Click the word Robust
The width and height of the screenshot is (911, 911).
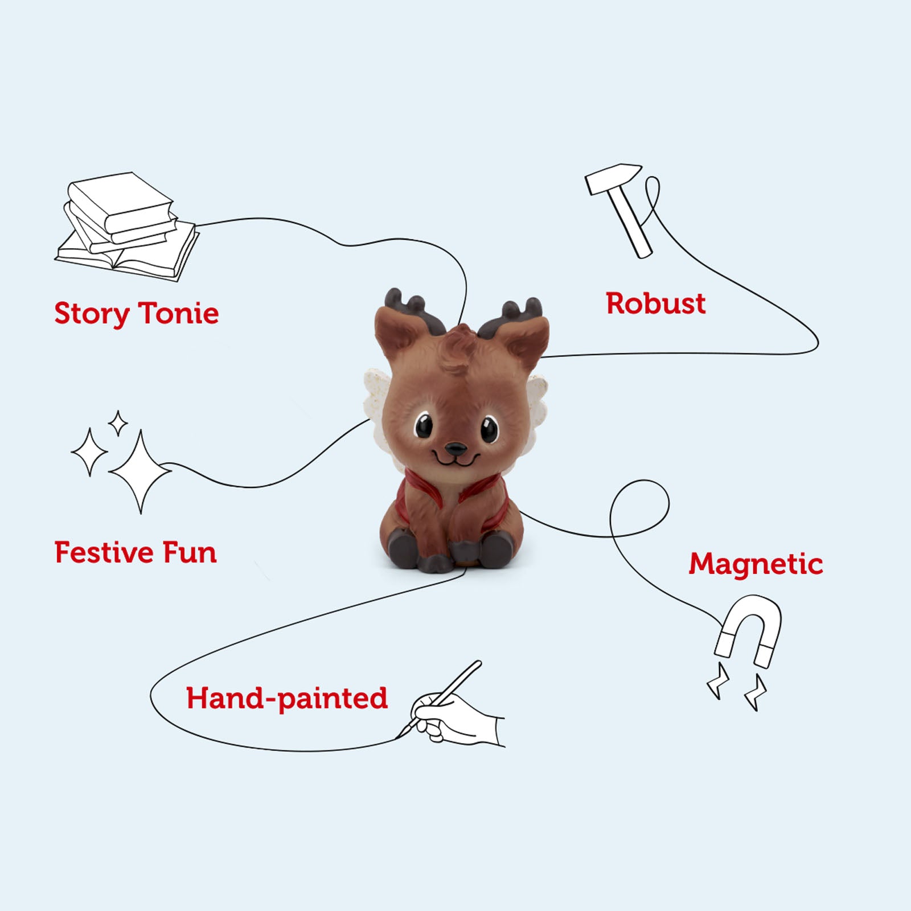(x=655, y=303)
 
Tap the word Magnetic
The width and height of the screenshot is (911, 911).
(x=756, y=564)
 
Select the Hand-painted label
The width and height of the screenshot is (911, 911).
(x=287, y=699)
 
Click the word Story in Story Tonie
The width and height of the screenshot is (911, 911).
(x=92, y=314)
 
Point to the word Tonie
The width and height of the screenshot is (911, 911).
(x=179, y=314)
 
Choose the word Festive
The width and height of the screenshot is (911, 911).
(x=104, y=553)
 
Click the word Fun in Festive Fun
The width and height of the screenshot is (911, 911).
(x=190, y=553)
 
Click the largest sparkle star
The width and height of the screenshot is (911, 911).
(x=139, y=471)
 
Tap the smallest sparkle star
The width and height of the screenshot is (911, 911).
(x=118, y=423)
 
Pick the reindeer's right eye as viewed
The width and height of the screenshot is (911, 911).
(x=489, y=429)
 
